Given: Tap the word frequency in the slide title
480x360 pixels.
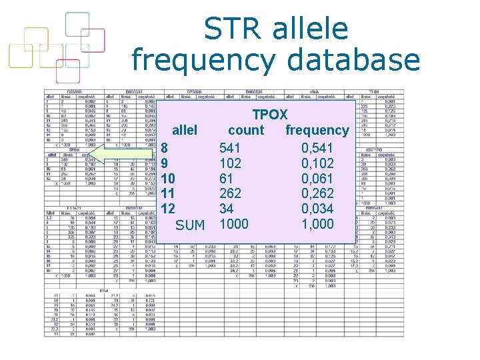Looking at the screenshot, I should (x=203, y=60).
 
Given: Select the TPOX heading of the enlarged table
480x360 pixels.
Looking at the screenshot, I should (x=269, y=115).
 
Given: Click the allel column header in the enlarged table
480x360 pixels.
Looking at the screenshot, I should (x=185, y=131).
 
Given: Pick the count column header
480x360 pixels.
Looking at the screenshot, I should (x=246, y=131).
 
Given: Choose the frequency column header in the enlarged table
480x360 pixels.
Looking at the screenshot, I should (x=317, y=131).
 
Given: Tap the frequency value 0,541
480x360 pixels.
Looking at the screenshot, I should (x=317, y=147).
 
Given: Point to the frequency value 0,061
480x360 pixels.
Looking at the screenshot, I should (x=317, y=178).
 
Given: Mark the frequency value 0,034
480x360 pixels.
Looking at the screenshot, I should (x=317, y=209).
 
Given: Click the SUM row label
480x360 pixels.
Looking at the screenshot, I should (x=190, y=225).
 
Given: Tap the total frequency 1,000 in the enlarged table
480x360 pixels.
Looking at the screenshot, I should (x=317, y=225).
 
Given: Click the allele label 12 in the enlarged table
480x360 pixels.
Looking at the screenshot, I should (x=168, y=209).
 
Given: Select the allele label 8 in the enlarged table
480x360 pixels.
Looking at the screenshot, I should (x=165, y=147).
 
